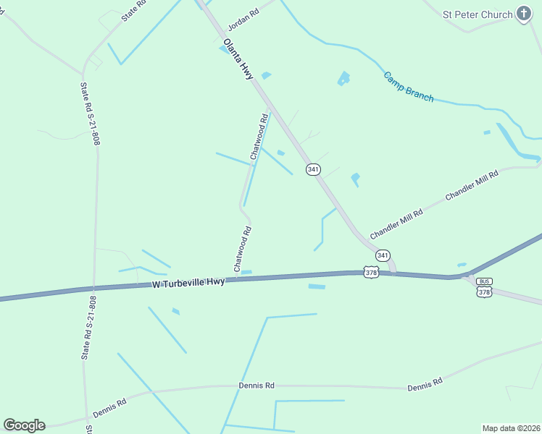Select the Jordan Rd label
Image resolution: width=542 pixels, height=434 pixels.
(x=243, y=20)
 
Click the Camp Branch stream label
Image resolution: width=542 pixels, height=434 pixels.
(x=408, y=86)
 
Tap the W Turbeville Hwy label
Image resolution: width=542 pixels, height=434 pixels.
(x=188, y=283)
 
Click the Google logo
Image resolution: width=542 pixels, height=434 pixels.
(x=24, y=425)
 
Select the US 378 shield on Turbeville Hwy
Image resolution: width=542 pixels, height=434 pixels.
(x=372, y=272)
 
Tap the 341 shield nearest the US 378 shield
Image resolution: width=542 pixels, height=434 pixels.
(x=383, y=255)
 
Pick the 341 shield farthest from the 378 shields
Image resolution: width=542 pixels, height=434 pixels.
(x=312, y=169)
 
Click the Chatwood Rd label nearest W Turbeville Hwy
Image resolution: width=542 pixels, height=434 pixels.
(x=242, y=250)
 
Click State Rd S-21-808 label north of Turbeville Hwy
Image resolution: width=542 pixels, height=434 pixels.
(x=89, y=113)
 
